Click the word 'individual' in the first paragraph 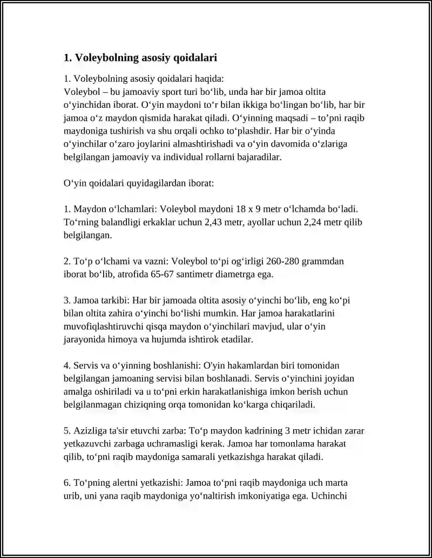[x=202, y=156]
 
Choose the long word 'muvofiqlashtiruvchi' [x=103, y=326]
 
